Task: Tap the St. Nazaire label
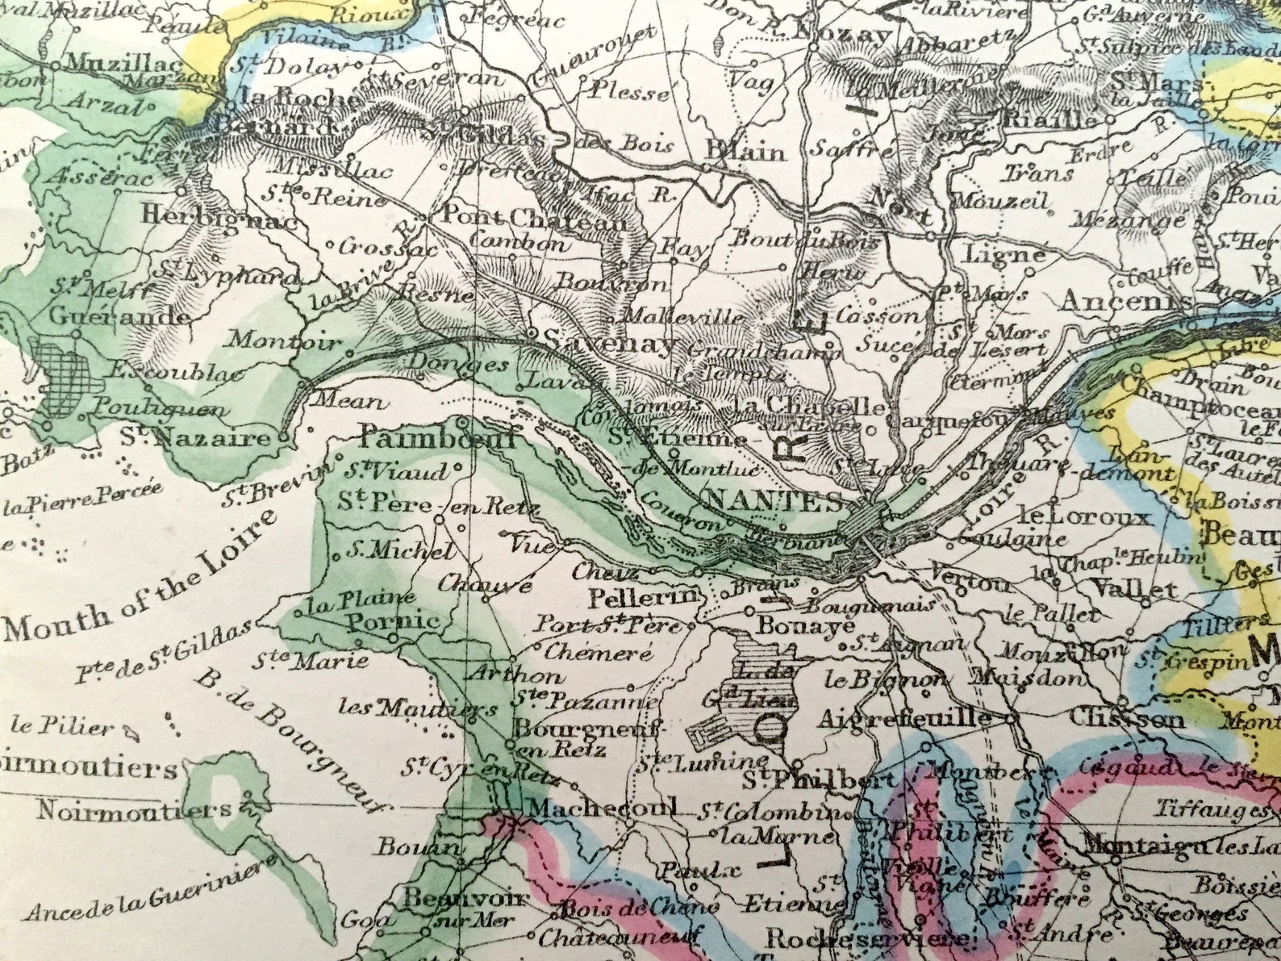click(x=197, y=438)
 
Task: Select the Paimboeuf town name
click(x=436, y=439)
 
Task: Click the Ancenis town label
click(x=1125, y=301)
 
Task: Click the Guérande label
click(x=119, y=315)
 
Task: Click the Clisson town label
click(x=1128, y=718)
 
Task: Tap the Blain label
click(x=745, y=151)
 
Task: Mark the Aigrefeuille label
click(x=904, y=717)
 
